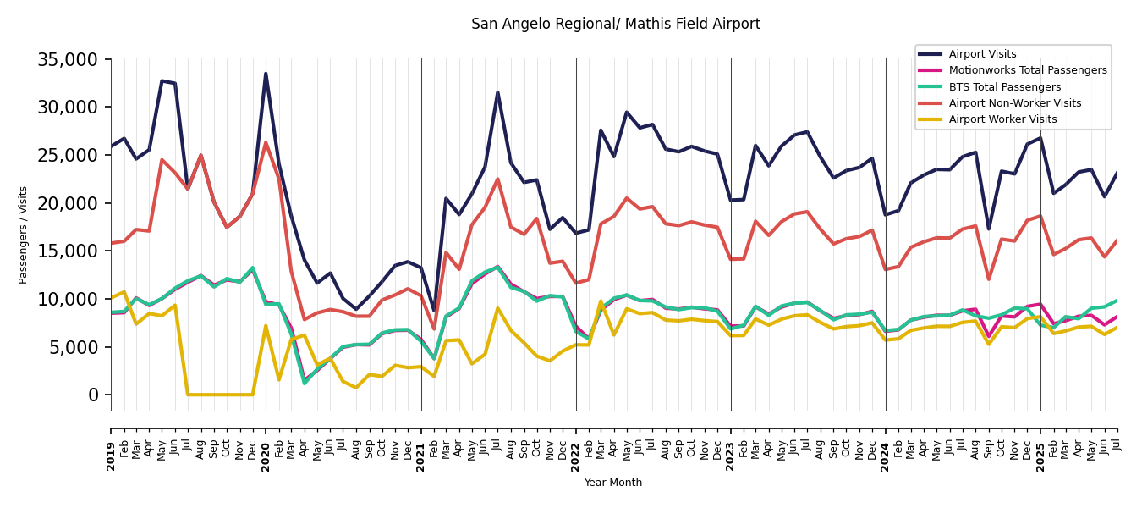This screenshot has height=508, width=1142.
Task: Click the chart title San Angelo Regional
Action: tap(615, 25)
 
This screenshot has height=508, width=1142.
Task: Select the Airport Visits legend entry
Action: tap(982, 54)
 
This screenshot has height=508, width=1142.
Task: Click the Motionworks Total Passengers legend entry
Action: tap(1027, 70)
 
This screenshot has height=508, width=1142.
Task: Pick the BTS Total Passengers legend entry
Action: tap(1004, 87)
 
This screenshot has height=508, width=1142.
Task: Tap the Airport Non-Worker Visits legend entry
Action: tap(1014, 103)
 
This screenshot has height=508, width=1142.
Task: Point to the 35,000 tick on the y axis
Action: tap(69, 59)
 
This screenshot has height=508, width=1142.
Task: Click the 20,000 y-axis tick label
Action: tap(69, 203)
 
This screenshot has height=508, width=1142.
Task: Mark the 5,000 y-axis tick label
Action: tap(74, 347)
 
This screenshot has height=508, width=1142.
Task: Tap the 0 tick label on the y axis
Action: tap(94, 395)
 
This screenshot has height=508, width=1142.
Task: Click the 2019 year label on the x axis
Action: tap(112, 444)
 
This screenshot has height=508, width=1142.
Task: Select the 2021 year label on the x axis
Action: tap(421, 444)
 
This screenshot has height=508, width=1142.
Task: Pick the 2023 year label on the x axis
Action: tap(731, 444)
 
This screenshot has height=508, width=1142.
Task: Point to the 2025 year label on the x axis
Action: tap(1040, 444)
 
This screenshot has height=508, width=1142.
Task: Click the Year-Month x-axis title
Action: tap(613, 483)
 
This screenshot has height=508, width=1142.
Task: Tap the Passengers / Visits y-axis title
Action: tap(24, 235)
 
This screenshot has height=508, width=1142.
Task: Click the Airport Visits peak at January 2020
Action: tap(266, 74)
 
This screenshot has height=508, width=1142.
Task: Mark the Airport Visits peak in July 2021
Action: tap(497, 92)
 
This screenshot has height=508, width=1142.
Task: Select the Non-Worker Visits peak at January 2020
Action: tap(266, 143)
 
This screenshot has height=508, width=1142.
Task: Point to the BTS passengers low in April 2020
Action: tap(305, 383)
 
